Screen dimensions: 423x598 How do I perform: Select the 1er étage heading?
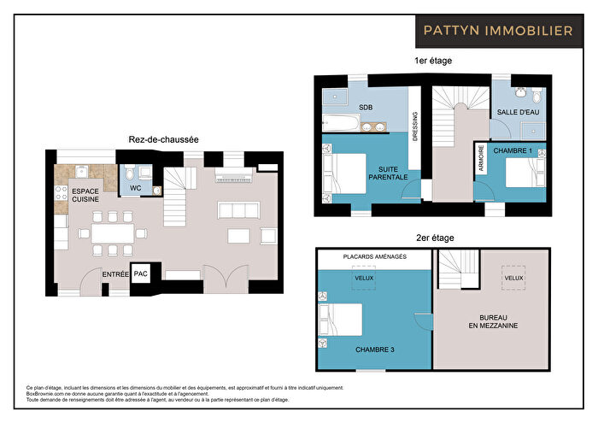[432, 61]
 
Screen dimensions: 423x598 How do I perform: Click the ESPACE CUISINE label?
[85, 195]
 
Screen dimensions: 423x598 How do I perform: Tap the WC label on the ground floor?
[133, 187]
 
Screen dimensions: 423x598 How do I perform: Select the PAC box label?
[141, 274]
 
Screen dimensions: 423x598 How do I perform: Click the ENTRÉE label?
[115, 274]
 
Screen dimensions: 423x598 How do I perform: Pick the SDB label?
[366, 108]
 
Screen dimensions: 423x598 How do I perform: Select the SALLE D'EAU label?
[518, 112]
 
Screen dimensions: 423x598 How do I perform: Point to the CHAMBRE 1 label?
[513, 150]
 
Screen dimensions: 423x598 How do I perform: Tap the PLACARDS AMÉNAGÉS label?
[374, 256]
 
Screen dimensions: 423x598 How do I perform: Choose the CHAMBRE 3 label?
[374, 349]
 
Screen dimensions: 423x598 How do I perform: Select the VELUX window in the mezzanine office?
[513, 278]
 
